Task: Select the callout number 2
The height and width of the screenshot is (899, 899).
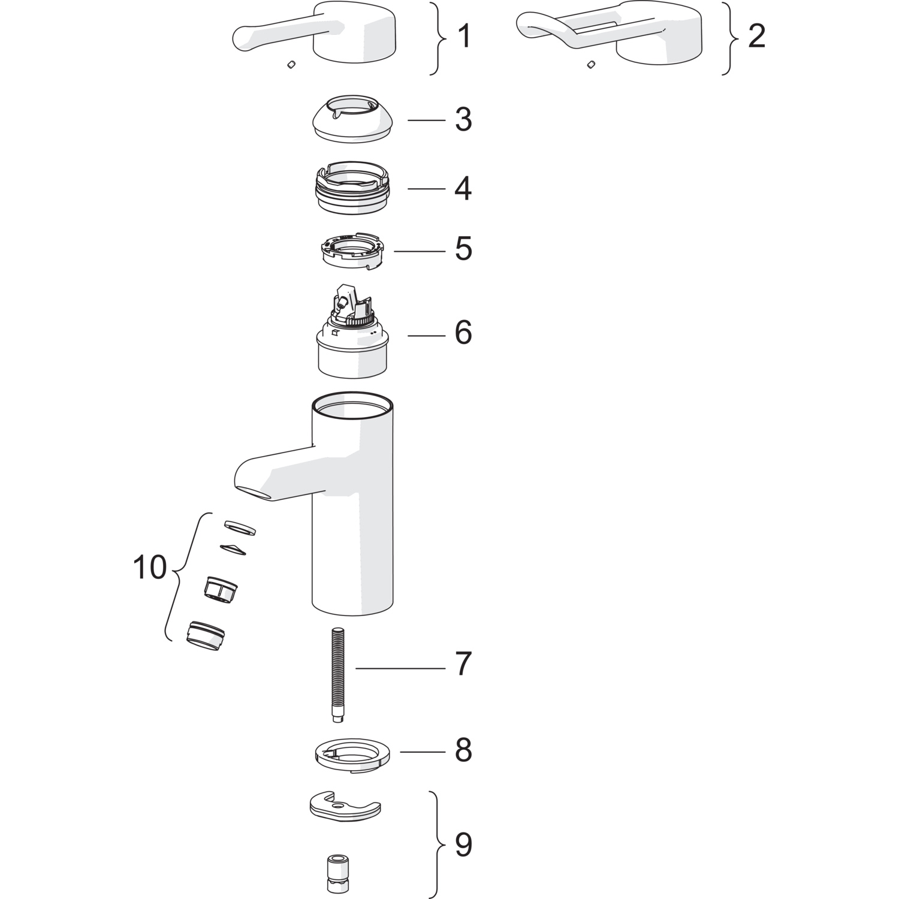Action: (x=757, y=37)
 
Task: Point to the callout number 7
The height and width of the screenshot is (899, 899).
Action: (x=463, y=665)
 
